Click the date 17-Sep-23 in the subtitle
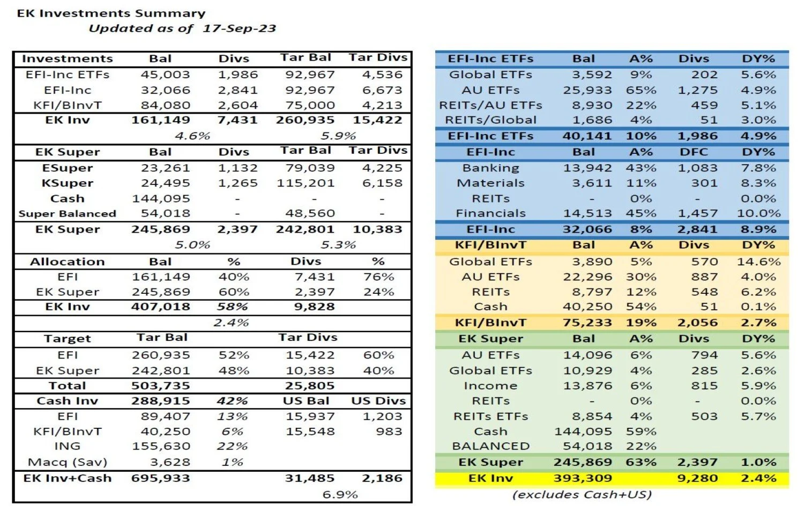(239, 28)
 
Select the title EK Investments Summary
(111, 13)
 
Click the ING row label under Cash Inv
(68, 446)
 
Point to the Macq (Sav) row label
(68, 462)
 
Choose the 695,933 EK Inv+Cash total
(161, 478)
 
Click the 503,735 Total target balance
(161, 385)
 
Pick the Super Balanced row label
(68, 213)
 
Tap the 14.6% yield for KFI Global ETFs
(758, 262)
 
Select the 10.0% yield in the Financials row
(758, 213)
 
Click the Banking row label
(490, 168)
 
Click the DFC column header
(694, 152)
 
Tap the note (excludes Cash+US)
(582, 494)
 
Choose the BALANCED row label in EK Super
(490, 446)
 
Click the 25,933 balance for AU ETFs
(587, 90)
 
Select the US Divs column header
(378, 401)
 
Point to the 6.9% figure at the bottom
(340, 494)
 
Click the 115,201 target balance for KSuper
(306, 183)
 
